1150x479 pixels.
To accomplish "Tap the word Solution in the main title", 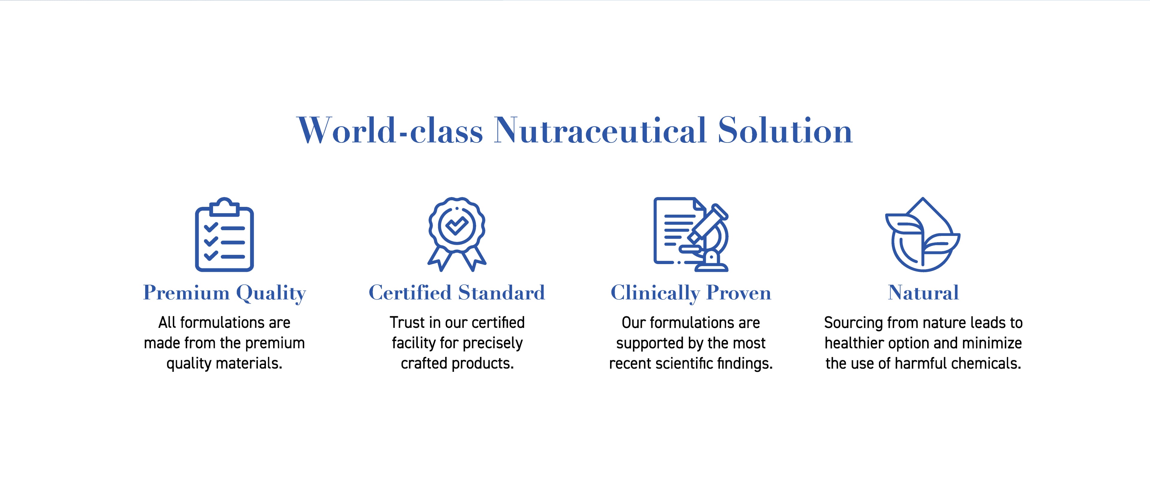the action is click(785, 130).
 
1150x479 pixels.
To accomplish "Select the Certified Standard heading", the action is click(457, 293).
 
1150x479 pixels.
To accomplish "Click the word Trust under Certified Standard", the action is click(407, 322).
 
